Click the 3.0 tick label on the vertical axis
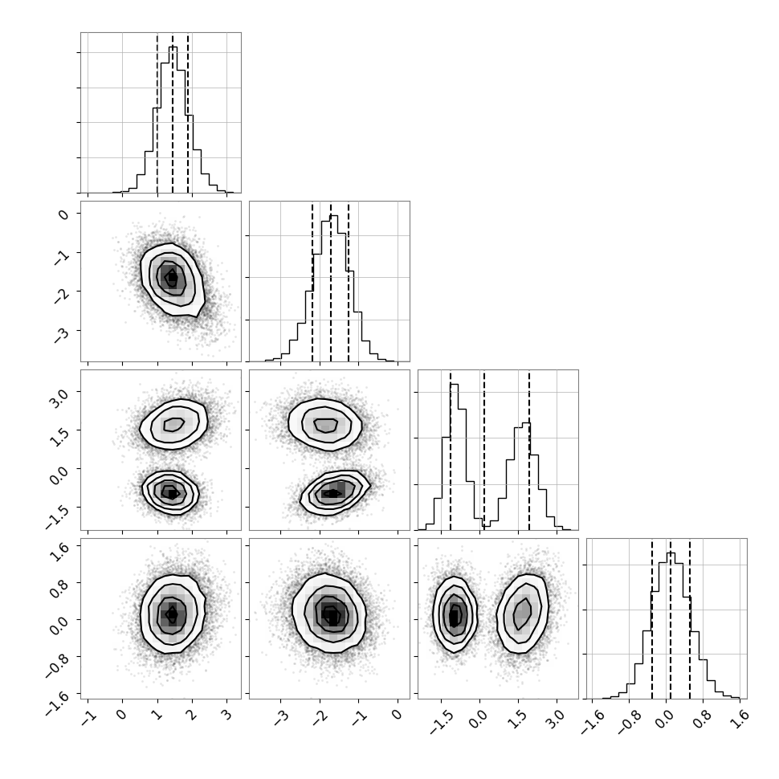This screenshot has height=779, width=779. click(59, 398)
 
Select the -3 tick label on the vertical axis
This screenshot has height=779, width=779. click(61, 336)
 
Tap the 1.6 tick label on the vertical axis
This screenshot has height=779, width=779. click(59, 552)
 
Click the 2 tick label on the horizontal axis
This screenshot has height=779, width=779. click(191, 716)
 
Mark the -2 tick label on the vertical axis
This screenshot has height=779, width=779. click(61, 296)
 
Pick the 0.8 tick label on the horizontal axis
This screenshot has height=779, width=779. click(702, 719)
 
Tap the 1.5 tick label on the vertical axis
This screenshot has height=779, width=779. click(59, 436)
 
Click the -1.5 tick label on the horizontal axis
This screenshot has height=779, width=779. click(439, 722)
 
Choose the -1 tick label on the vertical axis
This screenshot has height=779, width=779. click(61, 256)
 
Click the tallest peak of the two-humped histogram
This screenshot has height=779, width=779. click(454, 385)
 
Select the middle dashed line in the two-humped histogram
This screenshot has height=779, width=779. click(484, 450)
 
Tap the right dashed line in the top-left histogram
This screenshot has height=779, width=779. click(188, 112)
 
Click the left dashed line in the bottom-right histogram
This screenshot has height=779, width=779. click(652, 618)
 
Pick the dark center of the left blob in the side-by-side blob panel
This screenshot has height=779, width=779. click(454, 617)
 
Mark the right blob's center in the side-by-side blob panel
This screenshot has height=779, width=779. click(522, 614)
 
